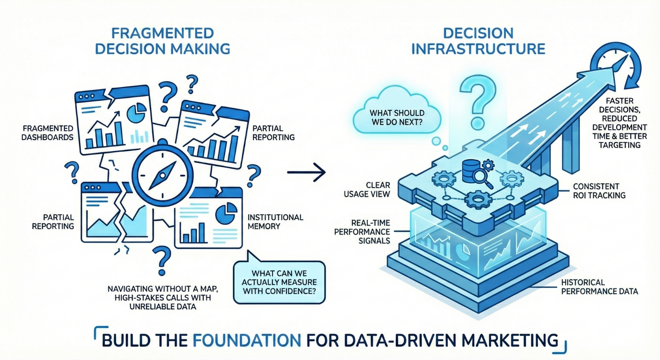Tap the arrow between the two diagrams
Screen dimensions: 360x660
pos(306,172)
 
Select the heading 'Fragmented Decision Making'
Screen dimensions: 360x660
pos(162,41)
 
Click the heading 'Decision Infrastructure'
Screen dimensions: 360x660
pos(478,41)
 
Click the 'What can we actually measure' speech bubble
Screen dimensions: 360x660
pos(279,282)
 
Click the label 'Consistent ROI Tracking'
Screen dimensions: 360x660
pos(599,190)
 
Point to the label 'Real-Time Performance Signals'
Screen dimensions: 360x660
pos(362,231)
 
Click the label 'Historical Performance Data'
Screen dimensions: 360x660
pos(599,286)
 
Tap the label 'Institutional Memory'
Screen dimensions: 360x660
pos(275,222)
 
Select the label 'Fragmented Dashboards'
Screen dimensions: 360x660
pos(47,133)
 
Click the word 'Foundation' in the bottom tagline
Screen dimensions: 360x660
pos(247,340)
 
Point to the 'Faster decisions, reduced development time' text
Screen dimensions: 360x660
pos(619,123)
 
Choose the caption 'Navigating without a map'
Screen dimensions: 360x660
pos(163,298)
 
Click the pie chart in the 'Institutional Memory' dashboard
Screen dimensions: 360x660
pos(226,213)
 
